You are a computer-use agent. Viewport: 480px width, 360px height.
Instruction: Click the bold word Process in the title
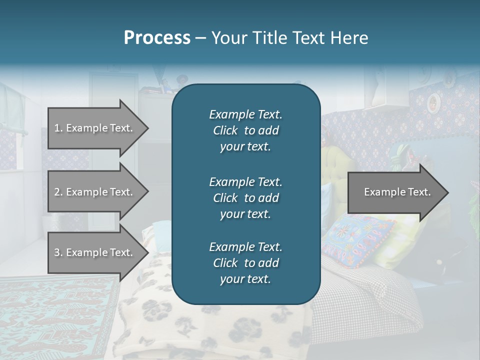(x=157, y=38)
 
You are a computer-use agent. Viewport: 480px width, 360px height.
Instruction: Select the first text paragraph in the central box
(x=245, y=130)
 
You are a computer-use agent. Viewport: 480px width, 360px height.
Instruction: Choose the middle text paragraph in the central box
(x=245, y=197)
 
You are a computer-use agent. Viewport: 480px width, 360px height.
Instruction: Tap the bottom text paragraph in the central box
(x=245, y=262)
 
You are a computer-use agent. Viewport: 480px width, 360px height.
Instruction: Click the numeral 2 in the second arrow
(x=57, y=192)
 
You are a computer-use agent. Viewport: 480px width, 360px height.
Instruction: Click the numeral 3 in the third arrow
(x=57, y=252)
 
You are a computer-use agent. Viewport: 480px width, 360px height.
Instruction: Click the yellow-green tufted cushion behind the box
(x=333, y=165)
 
